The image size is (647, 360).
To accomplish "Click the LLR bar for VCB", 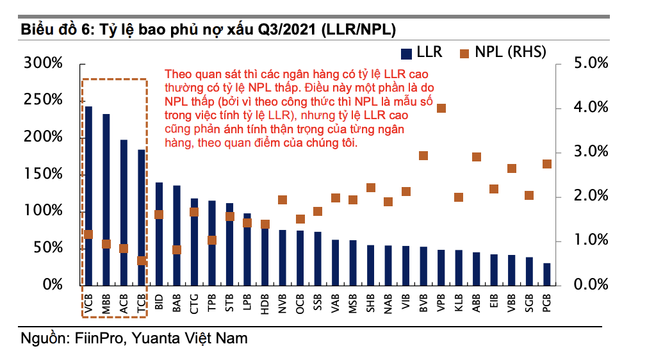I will [x=88, y=192].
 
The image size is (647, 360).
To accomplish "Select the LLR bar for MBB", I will [x=106, y=199].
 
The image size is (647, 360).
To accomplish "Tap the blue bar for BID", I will [x=159, y=234].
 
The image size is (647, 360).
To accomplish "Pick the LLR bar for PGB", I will [x=546, y=274].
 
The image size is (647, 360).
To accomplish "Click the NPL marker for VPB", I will [x=441, y=108].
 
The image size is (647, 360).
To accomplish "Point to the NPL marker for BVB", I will [x=423, y=156].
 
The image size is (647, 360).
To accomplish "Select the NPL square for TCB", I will [x=142, y=261].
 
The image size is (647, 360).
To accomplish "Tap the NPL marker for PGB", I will [x=547, y=164].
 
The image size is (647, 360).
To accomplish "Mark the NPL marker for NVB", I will [x=283, y=200].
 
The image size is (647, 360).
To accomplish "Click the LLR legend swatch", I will [x=406, y=52].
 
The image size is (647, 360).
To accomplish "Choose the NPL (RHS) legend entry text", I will [x=511, y=52].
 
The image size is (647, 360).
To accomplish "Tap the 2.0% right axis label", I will [x=589, y=196].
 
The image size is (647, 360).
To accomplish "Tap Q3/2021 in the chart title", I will [x=287, y=29].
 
